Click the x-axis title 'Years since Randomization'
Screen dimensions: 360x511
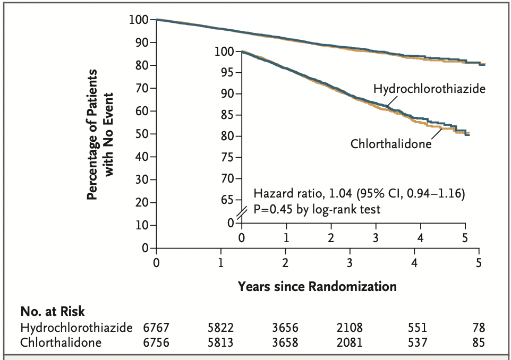point(317,287)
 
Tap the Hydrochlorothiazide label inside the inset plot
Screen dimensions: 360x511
point(429,89)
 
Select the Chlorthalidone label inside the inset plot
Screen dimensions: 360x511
point(391,143)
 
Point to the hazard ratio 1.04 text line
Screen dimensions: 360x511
point(360,194)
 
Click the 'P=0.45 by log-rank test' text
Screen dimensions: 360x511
point(317,209)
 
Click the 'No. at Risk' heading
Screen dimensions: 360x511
point(52,312)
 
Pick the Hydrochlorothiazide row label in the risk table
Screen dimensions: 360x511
point(76,328)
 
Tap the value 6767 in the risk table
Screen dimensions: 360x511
point(156,328)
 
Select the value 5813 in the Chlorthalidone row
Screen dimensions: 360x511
point(220,342)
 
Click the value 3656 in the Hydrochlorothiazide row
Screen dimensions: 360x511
point(285,328)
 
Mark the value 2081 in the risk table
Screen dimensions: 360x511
point(350,342)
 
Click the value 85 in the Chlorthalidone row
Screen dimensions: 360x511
point(479,342)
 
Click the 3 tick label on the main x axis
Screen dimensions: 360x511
point(350,262)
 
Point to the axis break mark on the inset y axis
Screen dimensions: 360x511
point(242,213)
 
